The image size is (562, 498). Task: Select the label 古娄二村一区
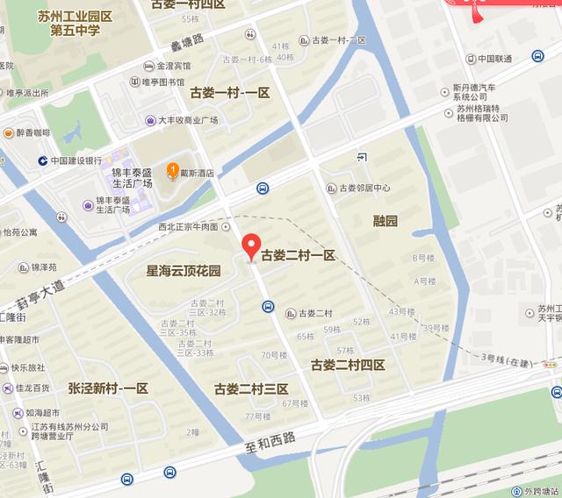tap(298, 255)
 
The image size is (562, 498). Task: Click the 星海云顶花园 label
tap(184, 272)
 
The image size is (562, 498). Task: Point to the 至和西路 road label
tap(273, 444)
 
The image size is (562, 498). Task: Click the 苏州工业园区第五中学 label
tap(75, 24)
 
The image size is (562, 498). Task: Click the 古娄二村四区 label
tap(348, 365)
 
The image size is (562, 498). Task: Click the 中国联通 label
tap(494, 59)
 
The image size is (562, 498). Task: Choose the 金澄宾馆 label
tap(173, 66)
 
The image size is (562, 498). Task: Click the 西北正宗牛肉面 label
tap(187, 226)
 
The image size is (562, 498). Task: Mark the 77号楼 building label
tap(258, 416)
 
